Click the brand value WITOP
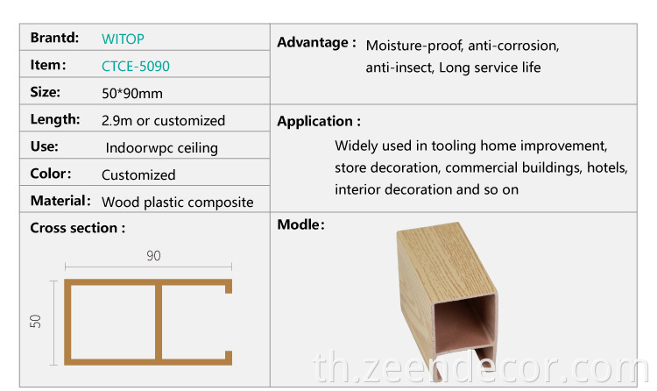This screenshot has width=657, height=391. click(123, 39)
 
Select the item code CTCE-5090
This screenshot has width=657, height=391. click(136, 66)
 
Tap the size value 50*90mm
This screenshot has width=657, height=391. click(132, 93)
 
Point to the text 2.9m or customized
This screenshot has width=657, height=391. click(163, 120)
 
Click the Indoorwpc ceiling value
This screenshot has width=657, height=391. click(161, 148)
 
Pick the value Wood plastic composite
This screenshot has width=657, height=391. click(177, 202)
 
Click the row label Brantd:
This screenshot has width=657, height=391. click(54, 38)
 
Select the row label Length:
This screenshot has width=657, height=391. click(54, 119)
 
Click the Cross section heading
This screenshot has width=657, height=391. click(77, 228)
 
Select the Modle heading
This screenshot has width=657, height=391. click(300, 225)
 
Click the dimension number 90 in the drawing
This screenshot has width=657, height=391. click(153, 256)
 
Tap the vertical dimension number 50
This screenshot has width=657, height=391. click(36, 322)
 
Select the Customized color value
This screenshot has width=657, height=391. click(138, 174)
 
